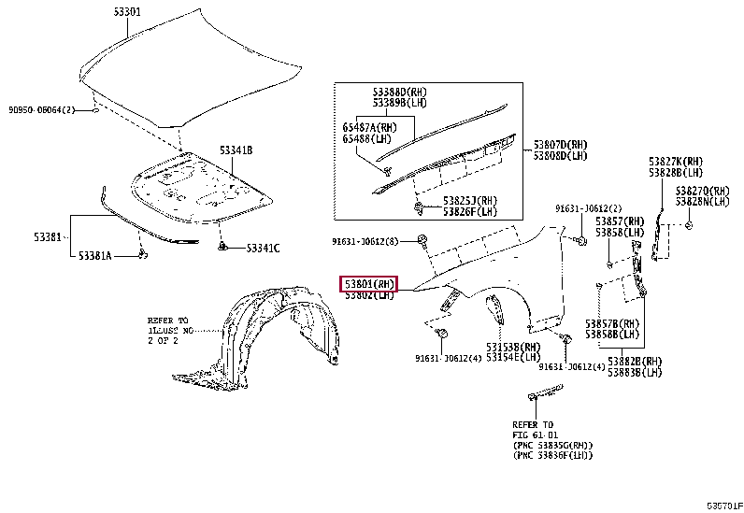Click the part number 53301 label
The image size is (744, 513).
coord(127,12)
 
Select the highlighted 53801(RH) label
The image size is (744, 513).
coord(369,283)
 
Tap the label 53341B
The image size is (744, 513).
coord(236,150)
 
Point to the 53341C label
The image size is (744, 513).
coord(263,248)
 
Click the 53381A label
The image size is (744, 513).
coord(94,255)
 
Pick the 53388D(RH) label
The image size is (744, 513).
coord(399,92)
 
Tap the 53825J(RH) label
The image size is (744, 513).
coord(470,200)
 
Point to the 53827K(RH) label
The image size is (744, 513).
coord(678,162)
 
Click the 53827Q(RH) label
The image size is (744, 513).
coord(703,190)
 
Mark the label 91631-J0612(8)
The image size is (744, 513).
coord(365,241)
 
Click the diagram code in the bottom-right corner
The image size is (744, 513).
coord(723,505)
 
